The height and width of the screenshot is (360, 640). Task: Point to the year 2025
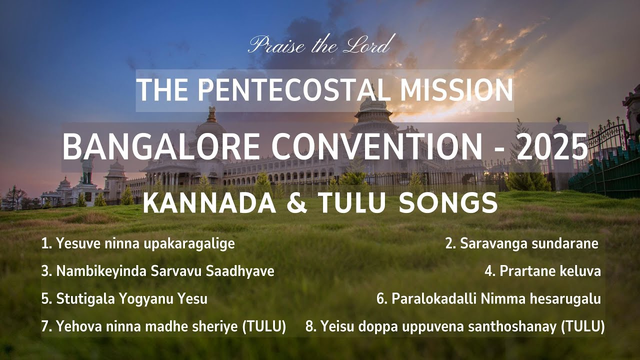click(x=554, y=147)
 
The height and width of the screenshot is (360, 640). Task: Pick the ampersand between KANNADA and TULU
click(x=298, y=203)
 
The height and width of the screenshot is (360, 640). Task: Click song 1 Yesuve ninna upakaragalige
click(x=138, y=244)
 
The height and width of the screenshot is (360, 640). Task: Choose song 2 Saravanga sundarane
click(x=522, y=244)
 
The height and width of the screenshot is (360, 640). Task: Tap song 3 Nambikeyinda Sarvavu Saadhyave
click(x=158, y=271)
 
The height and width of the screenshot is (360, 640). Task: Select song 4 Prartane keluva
click(x=542, y=271)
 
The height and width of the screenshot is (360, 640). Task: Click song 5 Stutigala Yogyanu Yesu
click(x=124, y=299)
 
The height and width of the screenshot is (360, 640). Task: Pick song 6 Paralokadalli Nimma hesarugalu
click(x=488, y=299)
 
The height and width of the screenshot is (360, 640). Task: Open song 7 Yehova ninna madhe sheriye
click(x=163, y=327)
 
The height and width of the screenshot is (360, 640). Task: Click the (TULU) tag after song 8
click(x=582, y=327)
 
